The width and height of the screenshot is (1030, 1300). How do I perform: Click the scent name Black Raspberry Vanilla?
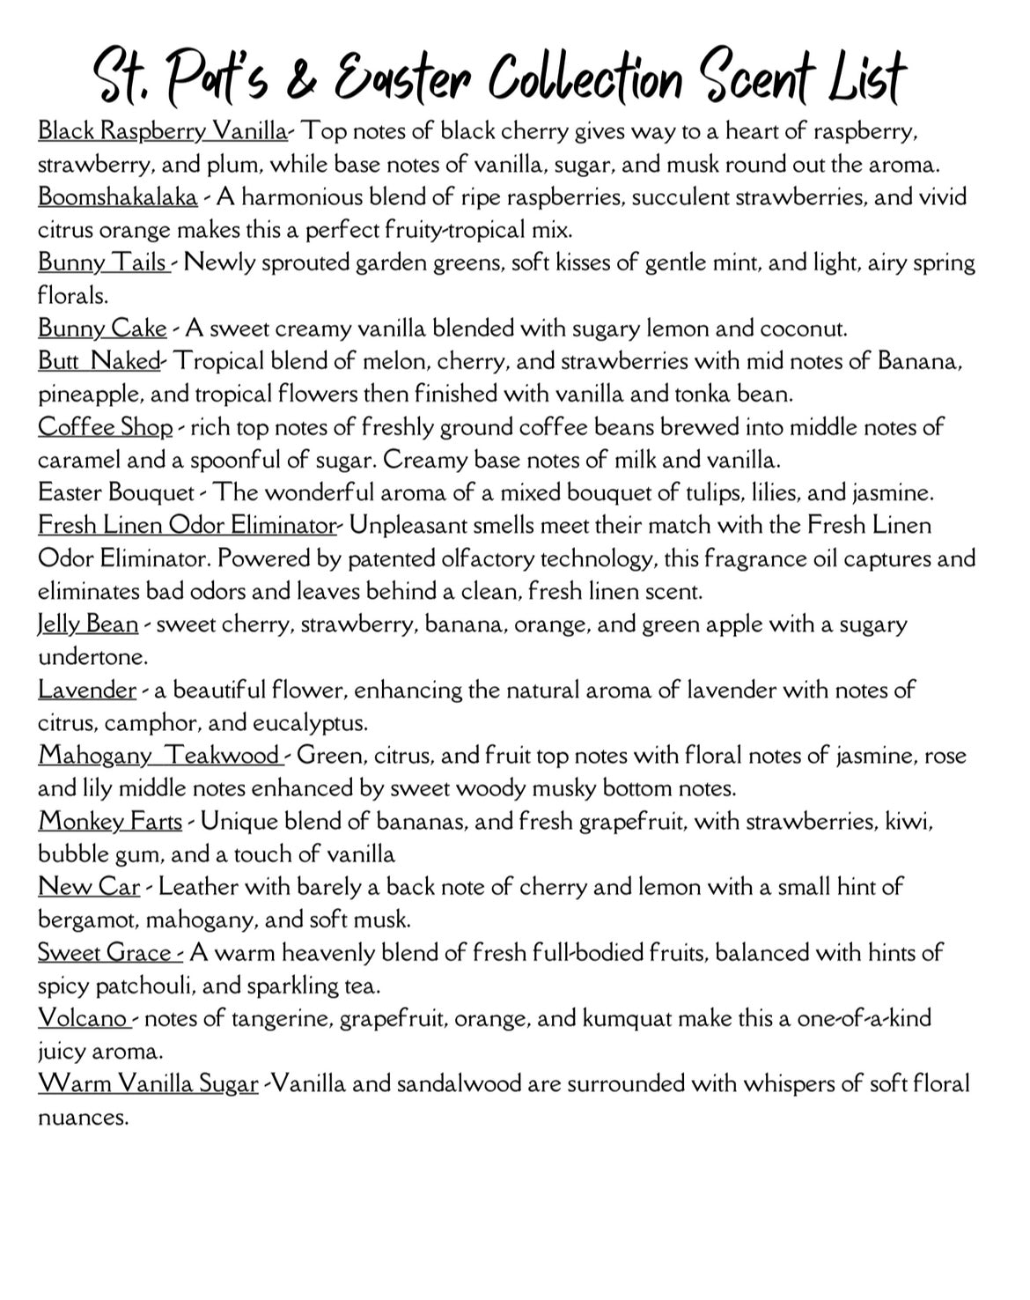pyautogui.click(x=162, y=131)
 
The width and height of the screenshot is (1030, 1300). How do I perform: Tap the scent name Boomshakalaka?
pyautogui.click(x=117, y=196)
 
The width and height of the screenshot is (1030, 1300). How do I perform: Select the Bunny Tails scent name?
pyautogui.click(x=103, y=262)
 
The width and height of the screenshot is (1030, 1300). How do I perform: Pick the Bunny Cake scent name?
pyautogui.click(x=102, y=329)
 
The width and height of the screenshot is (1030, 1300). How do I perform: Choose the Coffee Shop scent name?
pyautogui.click(x=106, y=427)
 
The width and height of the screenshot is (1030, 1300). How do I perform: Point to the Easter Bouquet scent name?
pyautogui.click(x=116, y=492)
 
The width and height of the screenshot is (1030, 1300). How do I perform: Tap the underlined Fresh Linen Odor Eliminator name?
pyautogui.click(x=187, y=526)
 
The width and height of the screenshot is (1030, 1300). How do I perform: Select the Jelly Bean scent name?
pyautogui.click(x=88, y=624)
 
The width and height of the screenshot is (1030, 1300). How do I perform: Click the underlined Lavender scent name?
pyautogui.click(x=87, y=690)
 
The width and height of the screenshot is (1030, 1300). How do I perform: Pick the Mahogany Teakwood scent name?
pyautogui.click(x=159, y=756)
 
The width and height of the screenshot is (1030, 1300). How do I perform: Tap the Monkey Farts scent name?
pyautogui.click(x=110, y=822)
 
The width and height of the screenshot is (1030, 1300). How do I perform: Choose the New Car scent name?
pyautogui.click(x=89, y=887)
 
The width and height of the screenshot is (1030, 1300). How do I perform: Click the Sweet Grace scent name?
pyautogui.click(x=106, y=953)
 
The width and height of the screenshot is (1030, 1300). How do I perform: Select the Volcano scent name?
pyautogui.click(x=83, y=1019)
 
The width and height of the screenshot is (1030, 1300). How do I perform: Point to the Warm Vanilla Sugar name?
pyautogui.click(x=148, y=1084)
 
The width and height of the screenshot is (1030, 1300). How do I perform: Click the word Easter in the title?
pyautogui.click(x=406, y=78)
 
